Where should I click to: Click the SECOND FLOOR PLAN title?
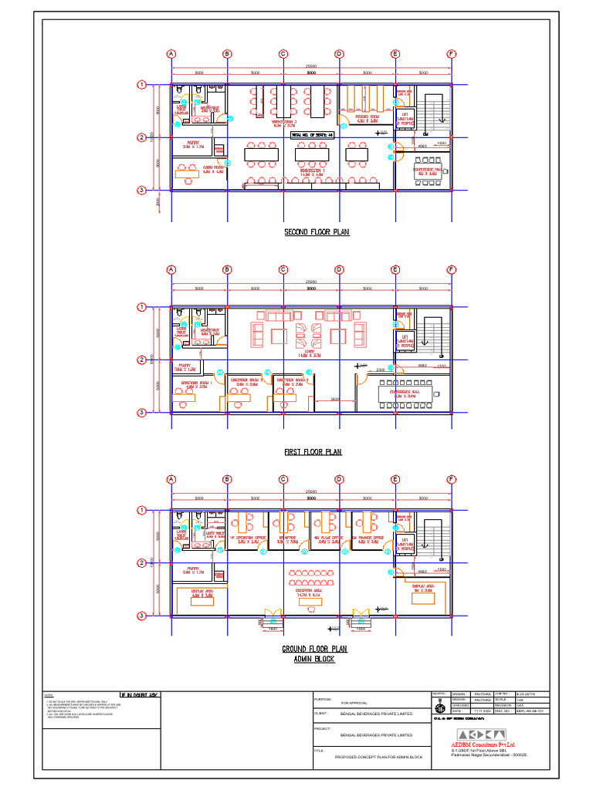click(317, 231)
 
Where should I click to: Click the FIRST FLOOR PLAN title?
click(313, 452)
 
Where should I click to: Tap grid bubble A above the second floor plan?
click(171, 53)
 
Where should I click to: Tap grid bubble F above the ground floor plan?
click(451, 479)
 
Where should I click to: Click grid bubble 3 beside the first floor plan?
click(142, 413)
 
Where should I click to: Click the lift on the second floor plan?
click(406, 118)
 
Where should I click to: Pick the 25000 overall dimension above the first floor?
click(311, 282)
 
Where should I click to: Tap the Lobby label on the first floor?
click(310, 353)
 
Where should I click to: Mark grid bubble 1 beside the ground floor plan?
click(142, 510)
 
